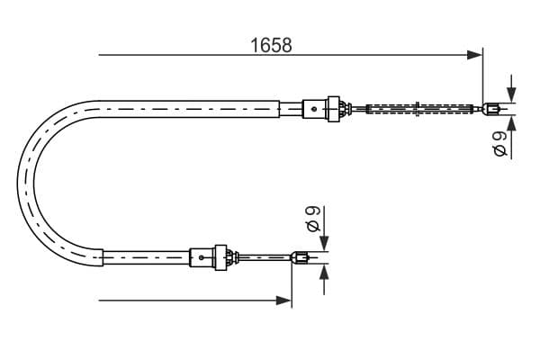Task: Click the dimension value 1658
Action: tap(271, 44)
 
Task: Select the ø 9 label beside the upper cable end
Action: tap(500, 143)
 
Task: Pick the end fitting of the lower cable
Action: tap(302, 258)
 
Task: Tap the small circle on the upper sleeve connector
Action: tap(313, 110)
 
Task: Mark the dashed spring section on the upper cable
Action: tap(418, 111)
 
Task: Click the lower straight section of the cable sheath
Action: tap(144, 258)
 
